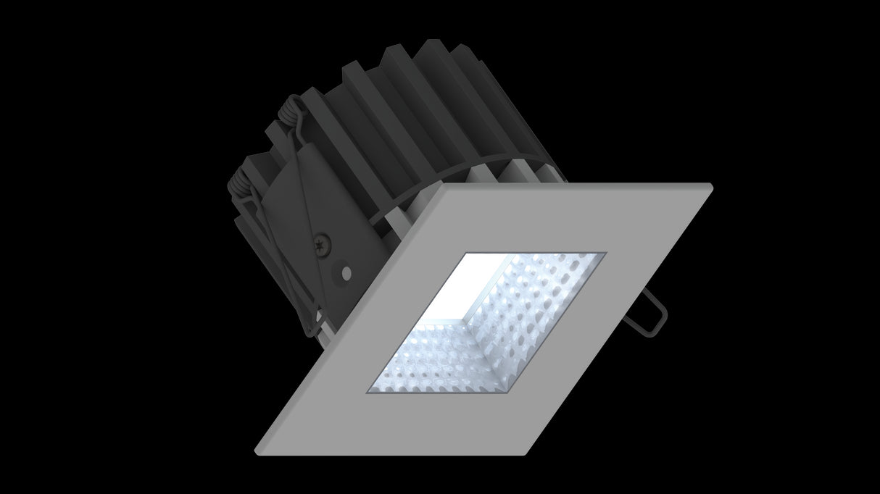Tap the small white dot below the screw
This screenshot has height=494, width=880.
346,273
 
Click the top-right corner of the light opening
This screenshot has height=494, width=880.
605,254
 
